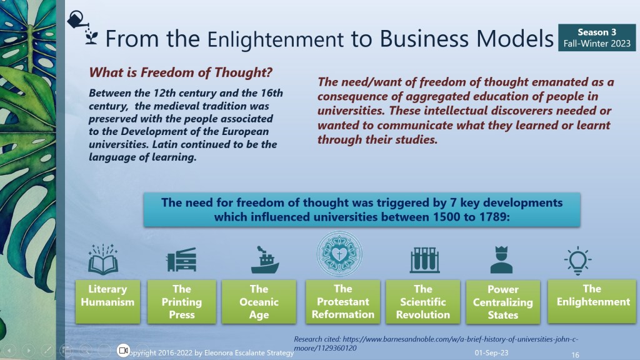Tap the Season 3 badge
click(597, 37)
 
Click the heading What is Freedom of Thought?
click(181, 72)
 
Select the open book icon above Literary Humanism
click(103, 259)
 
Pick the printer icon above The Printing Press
click(181, 259)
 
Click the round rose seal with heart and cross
click(339, 254)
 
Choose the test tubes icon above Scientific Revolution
click(424, 259)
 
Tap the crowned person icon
click(501, 259)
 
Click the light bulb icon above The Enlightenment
click(577, 260)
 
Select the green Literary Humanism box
click(107, 302)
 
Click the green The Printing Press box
click(182, 302)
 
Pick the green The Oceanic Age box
click(259, 302)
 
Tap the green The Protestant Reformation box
click(343, 302)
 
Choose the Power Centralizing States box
click(503, 302)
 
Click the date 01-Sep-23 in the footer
click(491, 352)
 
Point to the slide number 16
click(575, 355)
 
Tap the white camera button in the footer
click(123, 350)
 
